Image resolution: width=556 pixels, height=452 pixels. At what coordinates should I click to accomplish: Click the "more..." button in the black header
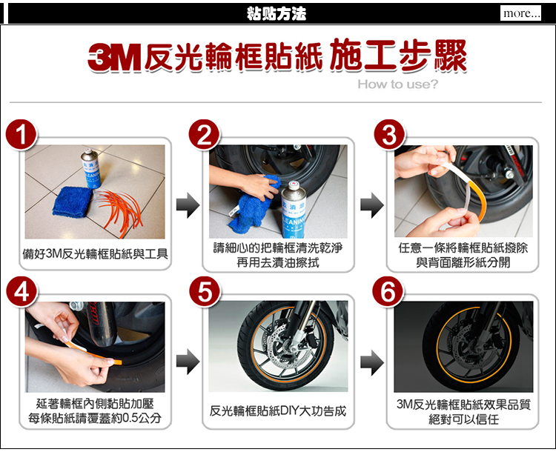(520, 13)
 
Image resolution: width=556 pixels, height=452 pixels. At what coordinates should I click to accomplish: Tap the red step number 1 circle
(21, 135)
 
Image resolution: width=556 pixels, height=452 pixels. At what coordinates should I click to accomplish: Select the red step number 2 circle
(205, 135)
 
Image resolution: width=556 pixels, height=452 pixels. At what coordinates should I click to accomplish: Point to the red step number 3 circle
(389, 135)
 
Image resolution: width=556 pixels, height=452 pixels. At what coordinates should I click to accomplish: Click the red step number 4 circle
(21, 292)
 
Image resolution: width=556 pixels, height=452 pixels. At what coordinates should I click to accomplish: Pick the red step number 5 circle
(205, 292)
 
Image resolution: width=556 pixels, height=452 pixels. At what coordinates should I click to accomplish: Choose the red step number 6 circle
(388, 292)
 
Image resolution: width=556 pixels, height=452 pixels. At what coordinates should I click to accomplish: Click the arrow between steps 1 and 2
(188, 205)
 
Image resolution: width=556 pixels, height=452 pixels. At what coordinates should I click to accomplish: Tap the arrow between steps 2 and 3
(372, 205)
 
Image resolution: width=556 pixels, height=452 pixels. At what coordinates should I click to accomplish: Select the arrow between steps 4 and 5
(188, 362)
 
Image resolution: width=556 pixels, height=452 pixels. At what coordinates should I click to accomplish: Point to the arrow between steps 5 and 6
(372, 362)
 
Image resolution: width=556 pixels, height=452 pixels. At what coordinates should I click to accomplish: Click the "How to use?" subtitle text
(398, 84)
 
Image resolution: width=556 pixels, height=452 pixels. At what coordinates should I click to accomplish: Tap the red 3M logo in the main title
(114, 58)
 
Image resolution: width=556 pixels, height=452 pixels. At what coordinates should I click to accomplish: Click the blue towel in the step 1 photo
(73, 201)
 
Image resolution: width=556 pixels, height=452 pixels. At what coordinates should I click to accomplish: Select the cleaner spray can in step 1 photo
(91, 167)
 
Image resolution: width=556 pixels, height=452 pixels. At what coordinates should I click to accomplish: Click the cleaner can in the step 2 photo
(294, 209)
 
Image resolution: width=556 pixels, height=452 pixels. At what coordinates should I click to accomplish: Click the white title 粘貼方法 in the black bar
(277, 14)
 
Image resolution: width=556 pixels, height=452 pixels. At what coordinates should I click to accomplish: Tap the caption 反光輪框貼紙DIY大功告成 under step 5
(278, 411)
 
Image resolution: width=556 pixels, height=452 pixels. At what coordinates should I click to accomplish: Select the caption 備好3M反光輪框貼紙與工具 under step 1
(95, 254)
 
